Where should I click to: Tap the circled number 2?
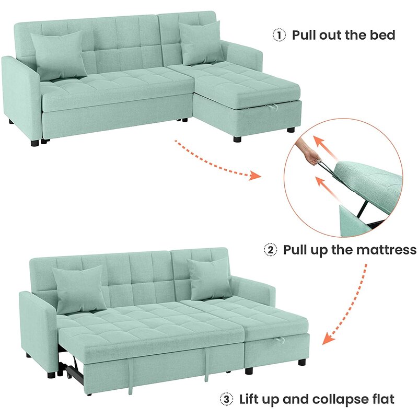(271, 250)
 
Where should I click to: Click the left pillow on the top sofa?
(58, 54)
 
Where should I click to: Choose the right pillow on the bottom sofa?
(210, 278)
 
